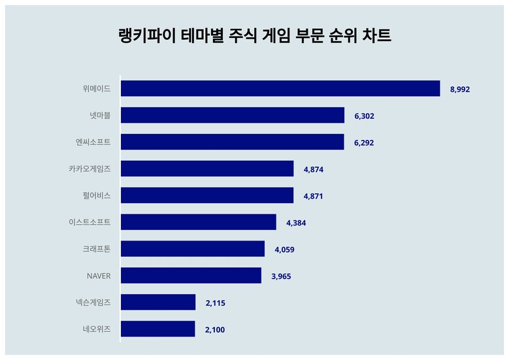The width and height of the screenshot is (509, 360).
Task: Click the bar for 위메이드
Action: (x=280, y=89)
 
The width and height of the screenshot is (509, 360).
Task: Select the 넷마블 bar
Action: (x=233, y=115)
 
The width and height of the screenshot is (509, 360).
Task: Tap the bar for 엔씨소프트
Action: (x=233, y=142)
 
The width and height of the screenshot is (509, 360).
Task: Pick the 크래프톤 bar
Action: (x=193, y=249)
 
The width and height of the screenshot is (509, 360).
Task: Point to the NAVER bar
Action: (x=191, y=276)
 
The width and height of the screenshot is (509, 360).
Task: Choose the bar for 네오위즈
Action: (x=158, y=329)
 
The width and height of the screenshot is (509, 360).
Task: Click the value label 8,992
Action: (x=459, y=90)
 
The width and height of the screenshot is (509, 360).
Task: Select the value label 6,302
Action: (x=364, y=116)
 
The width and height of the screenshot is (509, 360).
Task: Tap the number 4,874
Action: (x=314, y=169)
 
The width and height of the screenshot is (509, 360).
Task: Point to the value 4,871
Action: (x=313, y=197)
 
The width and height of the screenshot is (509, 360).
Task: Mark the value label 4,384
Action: (x=296, y=223)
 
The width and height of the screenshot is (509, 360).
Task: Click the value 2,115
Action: (x=215, y=303)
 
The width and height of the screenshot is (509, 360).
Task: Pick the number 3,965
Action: (x=281, y=276)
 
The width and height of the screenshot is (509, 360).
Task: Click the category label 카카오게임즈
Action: (x=90, y=169)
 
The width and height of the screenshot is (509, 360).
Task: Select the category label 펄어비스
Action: (x=97, y=195)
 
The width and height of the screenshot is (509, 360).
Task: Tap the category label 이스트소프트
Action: (x=90, y=222)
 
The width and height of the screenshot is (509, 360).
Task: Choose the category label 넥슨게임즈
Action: (x=93, y=303)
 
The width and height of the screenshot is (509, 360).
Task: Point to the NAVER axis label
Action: (x=99, y=276)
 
